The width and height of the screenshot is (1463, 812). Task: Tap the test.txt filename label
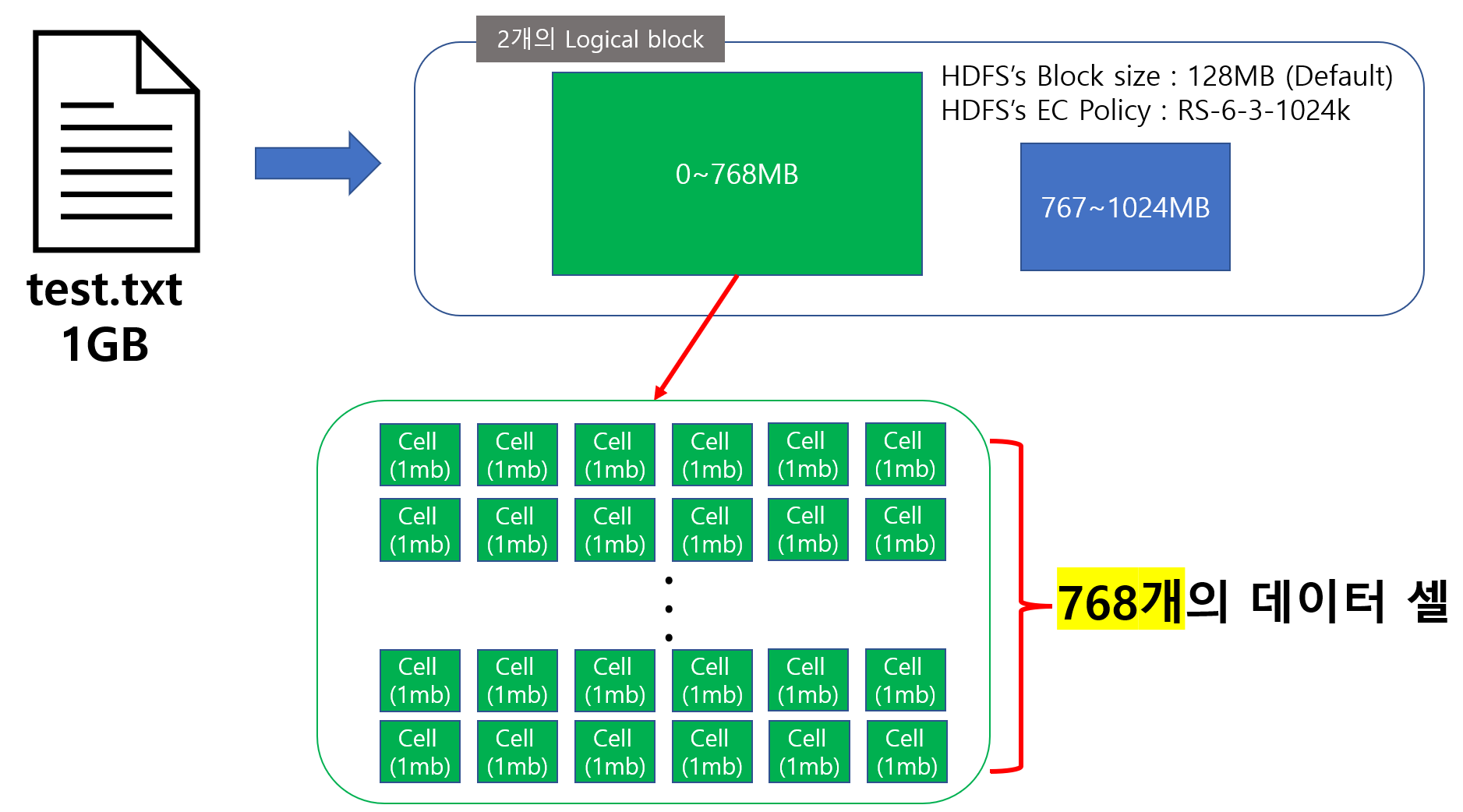point(104,290)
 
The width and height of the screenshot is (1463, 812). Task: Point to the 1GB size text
point(104,344)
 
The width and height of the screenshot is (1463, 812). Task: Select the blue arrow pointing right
point(316,163)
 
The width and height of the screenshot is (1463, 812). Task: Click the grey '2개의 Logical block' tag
point(600,39)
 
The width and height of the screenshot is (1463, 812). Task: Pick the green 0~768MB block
point(737,174)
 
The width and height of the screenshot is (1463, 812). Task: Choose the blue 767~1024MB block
point(1125,207)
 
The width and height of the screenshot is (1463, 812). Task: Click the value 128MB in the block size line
point(1230,76)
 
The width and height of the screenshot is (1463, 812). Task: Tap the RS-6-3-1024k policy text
point(1263,111)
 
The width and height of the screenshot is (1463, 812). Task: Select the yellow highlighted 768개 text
point(1120,602)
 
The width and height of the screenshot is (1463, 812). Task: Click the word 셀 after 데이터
point(1427,601)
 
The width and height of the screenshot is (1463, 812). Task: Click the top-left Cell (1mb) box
point(419,455)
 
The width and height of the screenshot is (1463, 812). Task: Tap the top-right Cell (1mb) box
point(905,454)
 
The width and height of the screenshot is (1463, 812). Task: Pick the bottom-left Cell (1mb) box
point(419,752)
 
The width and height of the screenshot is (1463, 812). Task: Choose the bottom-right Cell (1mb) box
point(906,752)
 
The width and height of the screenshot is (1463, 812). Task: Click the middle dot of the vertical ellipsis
point(669,609)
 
